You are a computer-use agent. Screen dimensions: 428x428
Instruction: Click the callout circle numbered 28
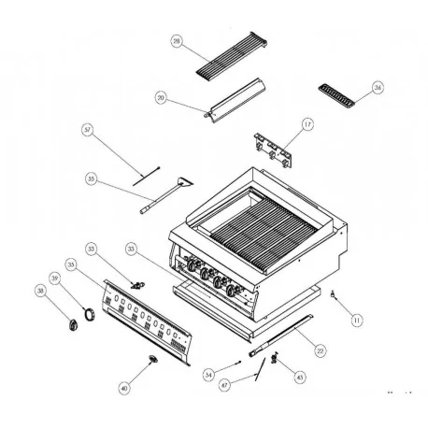[177, 42]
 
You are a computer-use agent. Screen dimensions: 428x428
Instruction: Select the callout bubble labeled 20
[162, 98]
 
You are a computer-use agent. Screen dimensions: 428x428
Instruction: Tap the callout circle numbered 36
[378, 88]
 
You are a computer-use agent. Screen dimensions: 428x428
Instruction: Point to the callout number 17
[307, 124]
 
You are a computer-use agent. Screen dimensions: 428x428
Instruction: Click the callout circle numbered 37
[87, 129]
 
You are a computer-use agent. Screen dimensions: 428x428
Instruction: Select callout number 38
[40, 291]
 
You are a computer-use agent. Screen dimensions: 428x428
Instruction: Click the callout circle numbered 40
[124, 386]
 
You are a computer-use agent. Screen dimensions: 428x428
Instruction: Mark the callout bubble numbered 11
[356, 321]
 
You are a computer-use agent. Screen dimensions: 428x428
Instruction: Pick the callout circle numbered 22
[320, 351]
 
